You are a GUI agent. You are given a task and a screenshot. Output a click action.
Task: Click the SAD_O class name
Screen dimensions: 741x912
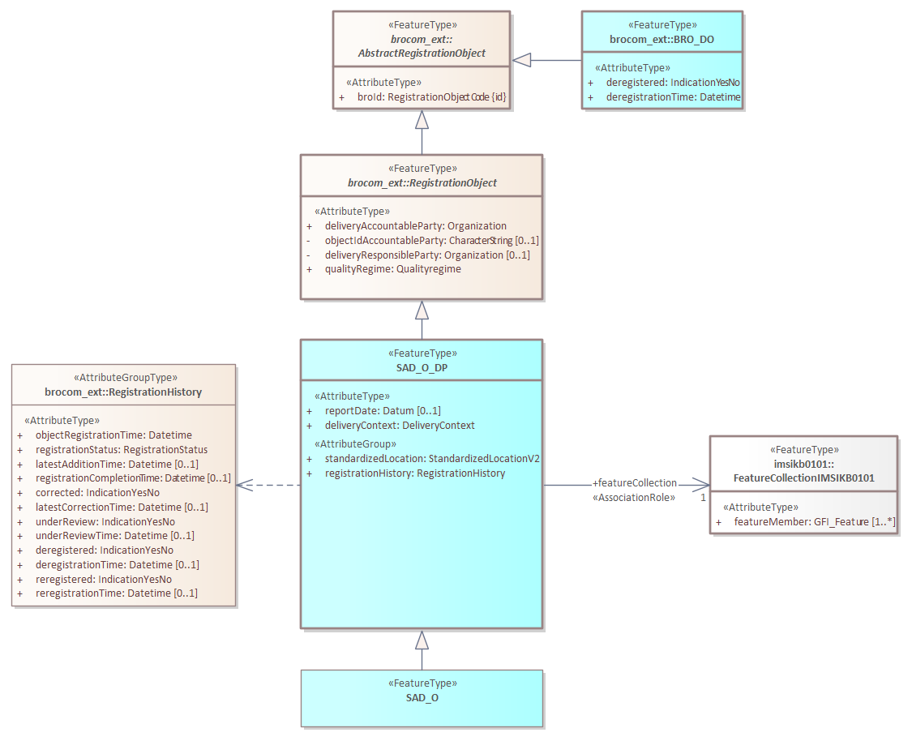point(422,697)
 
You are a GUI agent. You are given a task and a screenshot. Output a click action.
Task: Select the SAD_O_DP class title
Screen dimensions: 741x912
point(422,366)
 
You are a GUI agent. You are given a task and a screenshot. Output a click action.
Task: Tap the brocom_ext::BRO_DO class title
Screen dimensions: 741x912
point(662,39)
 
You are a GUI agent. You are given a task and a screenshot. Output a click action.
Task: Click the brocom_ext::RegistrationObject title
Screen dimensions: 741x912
point(422,182)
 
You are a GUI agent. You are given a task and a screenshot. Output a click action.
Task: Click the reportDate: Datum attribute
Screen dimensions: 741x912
point(383,411)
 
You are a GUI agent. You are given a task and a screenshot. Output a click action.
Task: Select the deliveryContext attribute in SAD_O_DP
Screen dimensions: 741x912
point(400,426)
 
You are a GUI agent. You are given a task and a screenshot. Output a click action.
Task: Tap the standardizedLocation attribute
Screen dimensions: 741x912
point(432,459)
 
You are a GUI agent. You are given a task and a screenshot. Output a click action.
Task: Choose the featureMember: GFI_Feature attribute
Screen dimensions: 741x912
point(815,522)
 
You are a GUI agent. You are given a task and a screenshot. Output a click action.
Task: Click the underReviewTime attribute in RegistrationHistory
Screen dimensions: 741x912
point(115,536)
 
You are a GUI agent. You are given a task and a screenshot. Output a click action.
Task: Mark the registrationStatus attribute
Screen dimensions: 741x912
point(122,450)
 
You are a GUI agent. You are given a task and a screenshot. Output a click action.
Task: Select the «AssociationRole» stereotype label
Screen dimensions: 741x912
point(634,498)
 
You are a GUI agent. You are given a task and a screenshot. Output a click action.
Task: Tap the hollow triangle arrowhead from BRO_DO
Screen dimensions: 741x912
point(521,60)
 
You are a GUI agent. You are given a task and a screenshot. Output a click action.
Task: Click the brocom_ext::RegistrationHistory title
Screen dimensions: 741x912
point(123,392)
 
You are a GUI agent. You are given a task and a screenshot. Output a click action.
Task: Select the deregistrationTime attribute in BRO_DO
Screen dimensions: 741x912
point(674,97)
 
